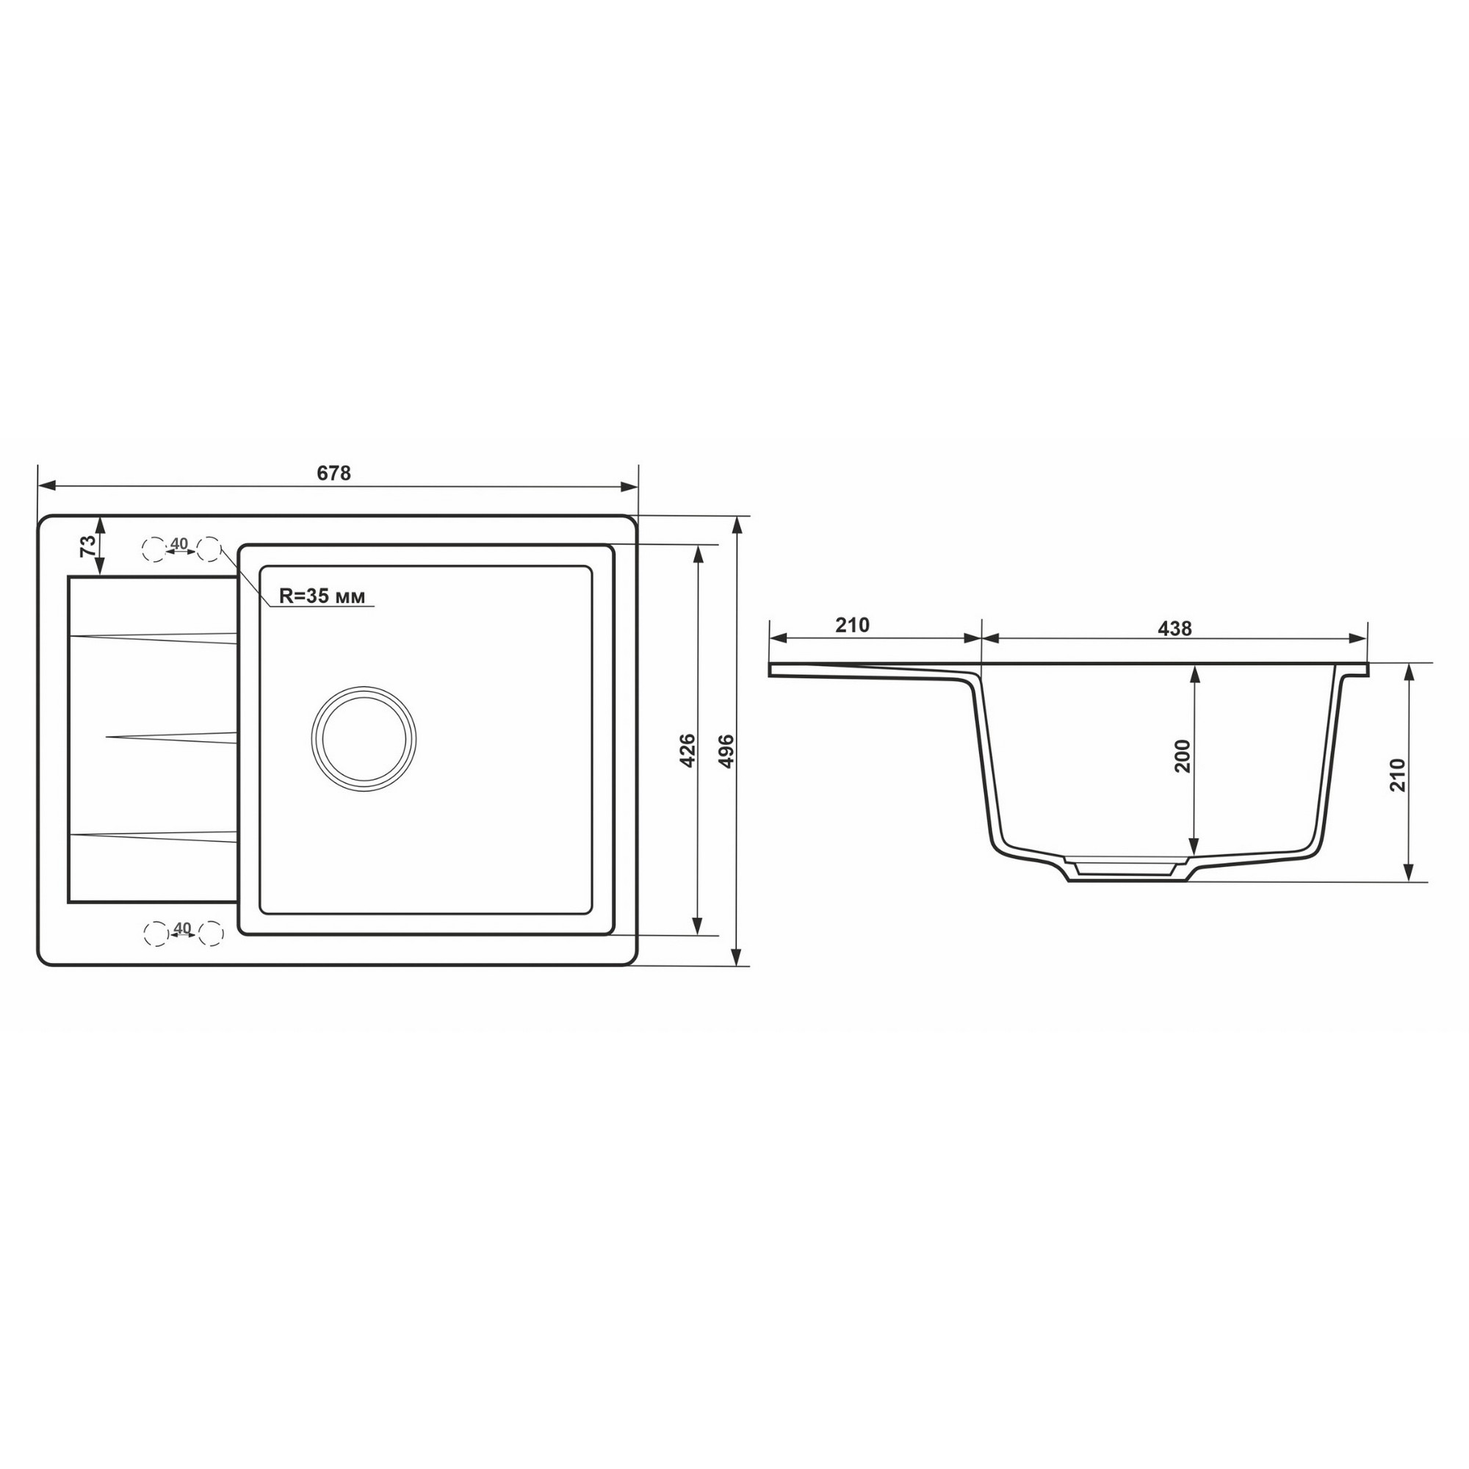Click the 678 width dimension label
(x=333, y=473)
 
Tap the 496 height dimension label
(x=726, y=751)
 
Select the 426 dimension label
(x=687, y=751)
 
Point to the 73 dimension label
(x=89, y=546)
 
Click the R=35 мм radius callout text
(x=322, y=596)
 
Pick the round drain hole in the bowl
(x=364, y=738)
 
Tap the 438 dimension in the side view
(x=1174, y=629)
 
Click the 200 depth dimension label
(x=1183, y=755)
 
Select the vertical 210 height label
(x=1397, y=775)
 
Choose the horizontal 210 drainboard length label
(x=852, y=625)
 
